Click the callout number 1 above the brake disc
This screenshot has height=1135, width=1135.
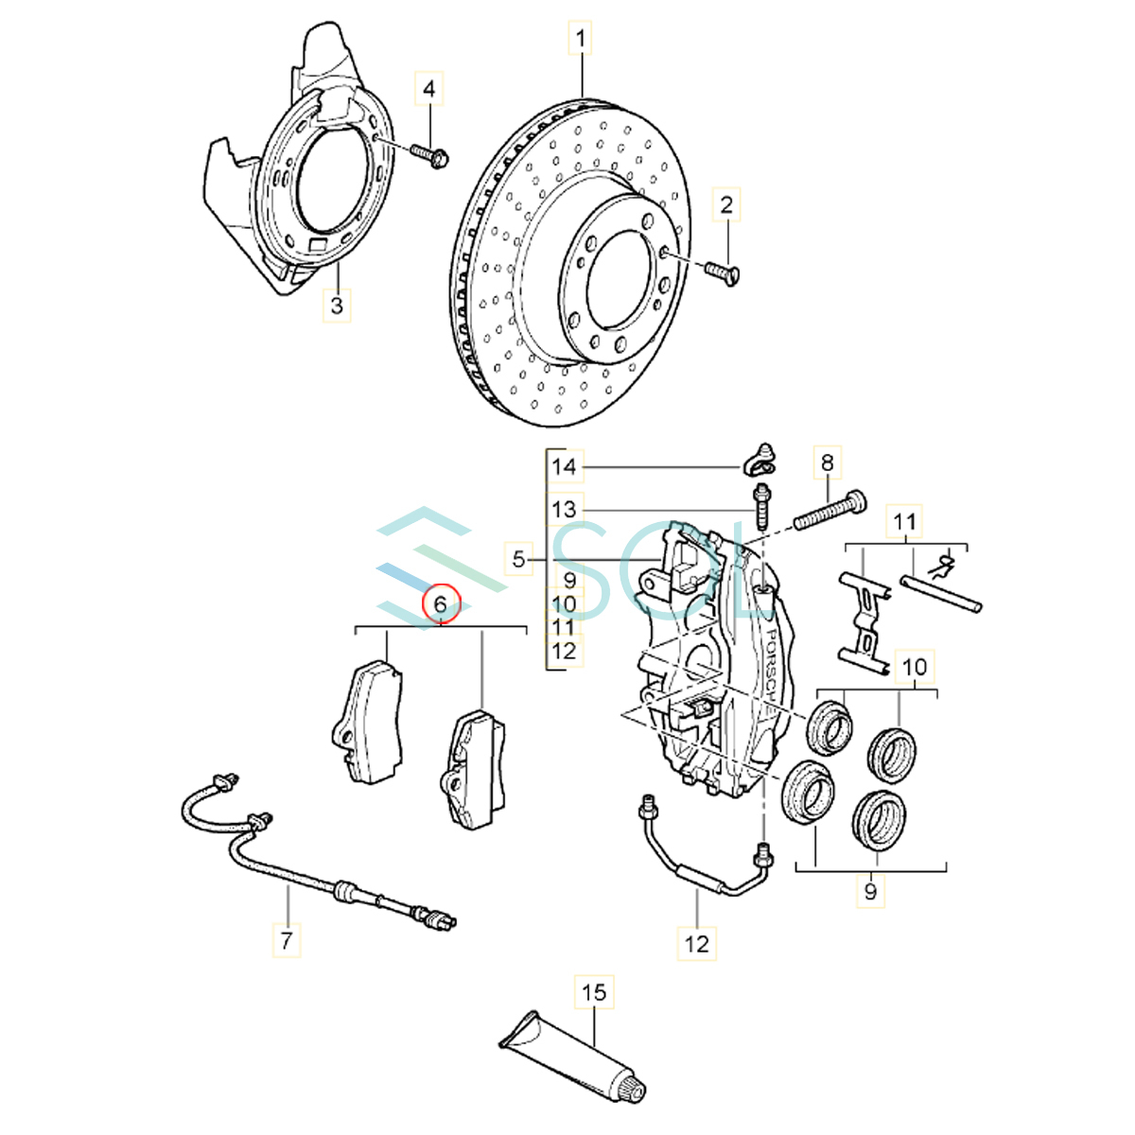tap(580, 40)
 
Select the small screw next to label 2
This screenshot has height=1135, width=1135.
tap(722, 272)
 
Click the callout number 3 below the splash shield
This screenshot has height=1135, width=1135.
tap(337, 306)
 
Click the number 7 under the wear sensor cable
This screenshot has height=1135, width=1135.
tap(286, 940)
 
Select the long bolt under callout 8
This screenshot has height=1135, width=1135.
tap(829, 511)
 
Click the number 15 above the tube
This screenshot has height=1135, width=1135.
tap(593, 993)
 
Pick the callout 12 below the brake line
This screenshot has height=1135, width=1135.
tap(696, 943)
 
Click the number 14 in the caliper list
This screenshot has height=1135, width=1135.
tap(564, 466)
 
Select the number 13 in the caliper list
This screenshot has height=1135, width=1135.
tap(564, 510)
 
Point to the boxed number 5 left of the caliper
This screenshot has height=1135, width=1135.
tap(517, 559)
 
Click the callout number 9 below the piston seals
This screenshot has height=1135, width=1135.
tap(871, 890)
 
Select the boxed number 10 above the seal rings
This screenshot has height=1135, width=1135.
tap(915, 667)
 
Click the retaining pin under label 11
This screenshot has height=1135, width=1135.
tap(941, 591)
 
